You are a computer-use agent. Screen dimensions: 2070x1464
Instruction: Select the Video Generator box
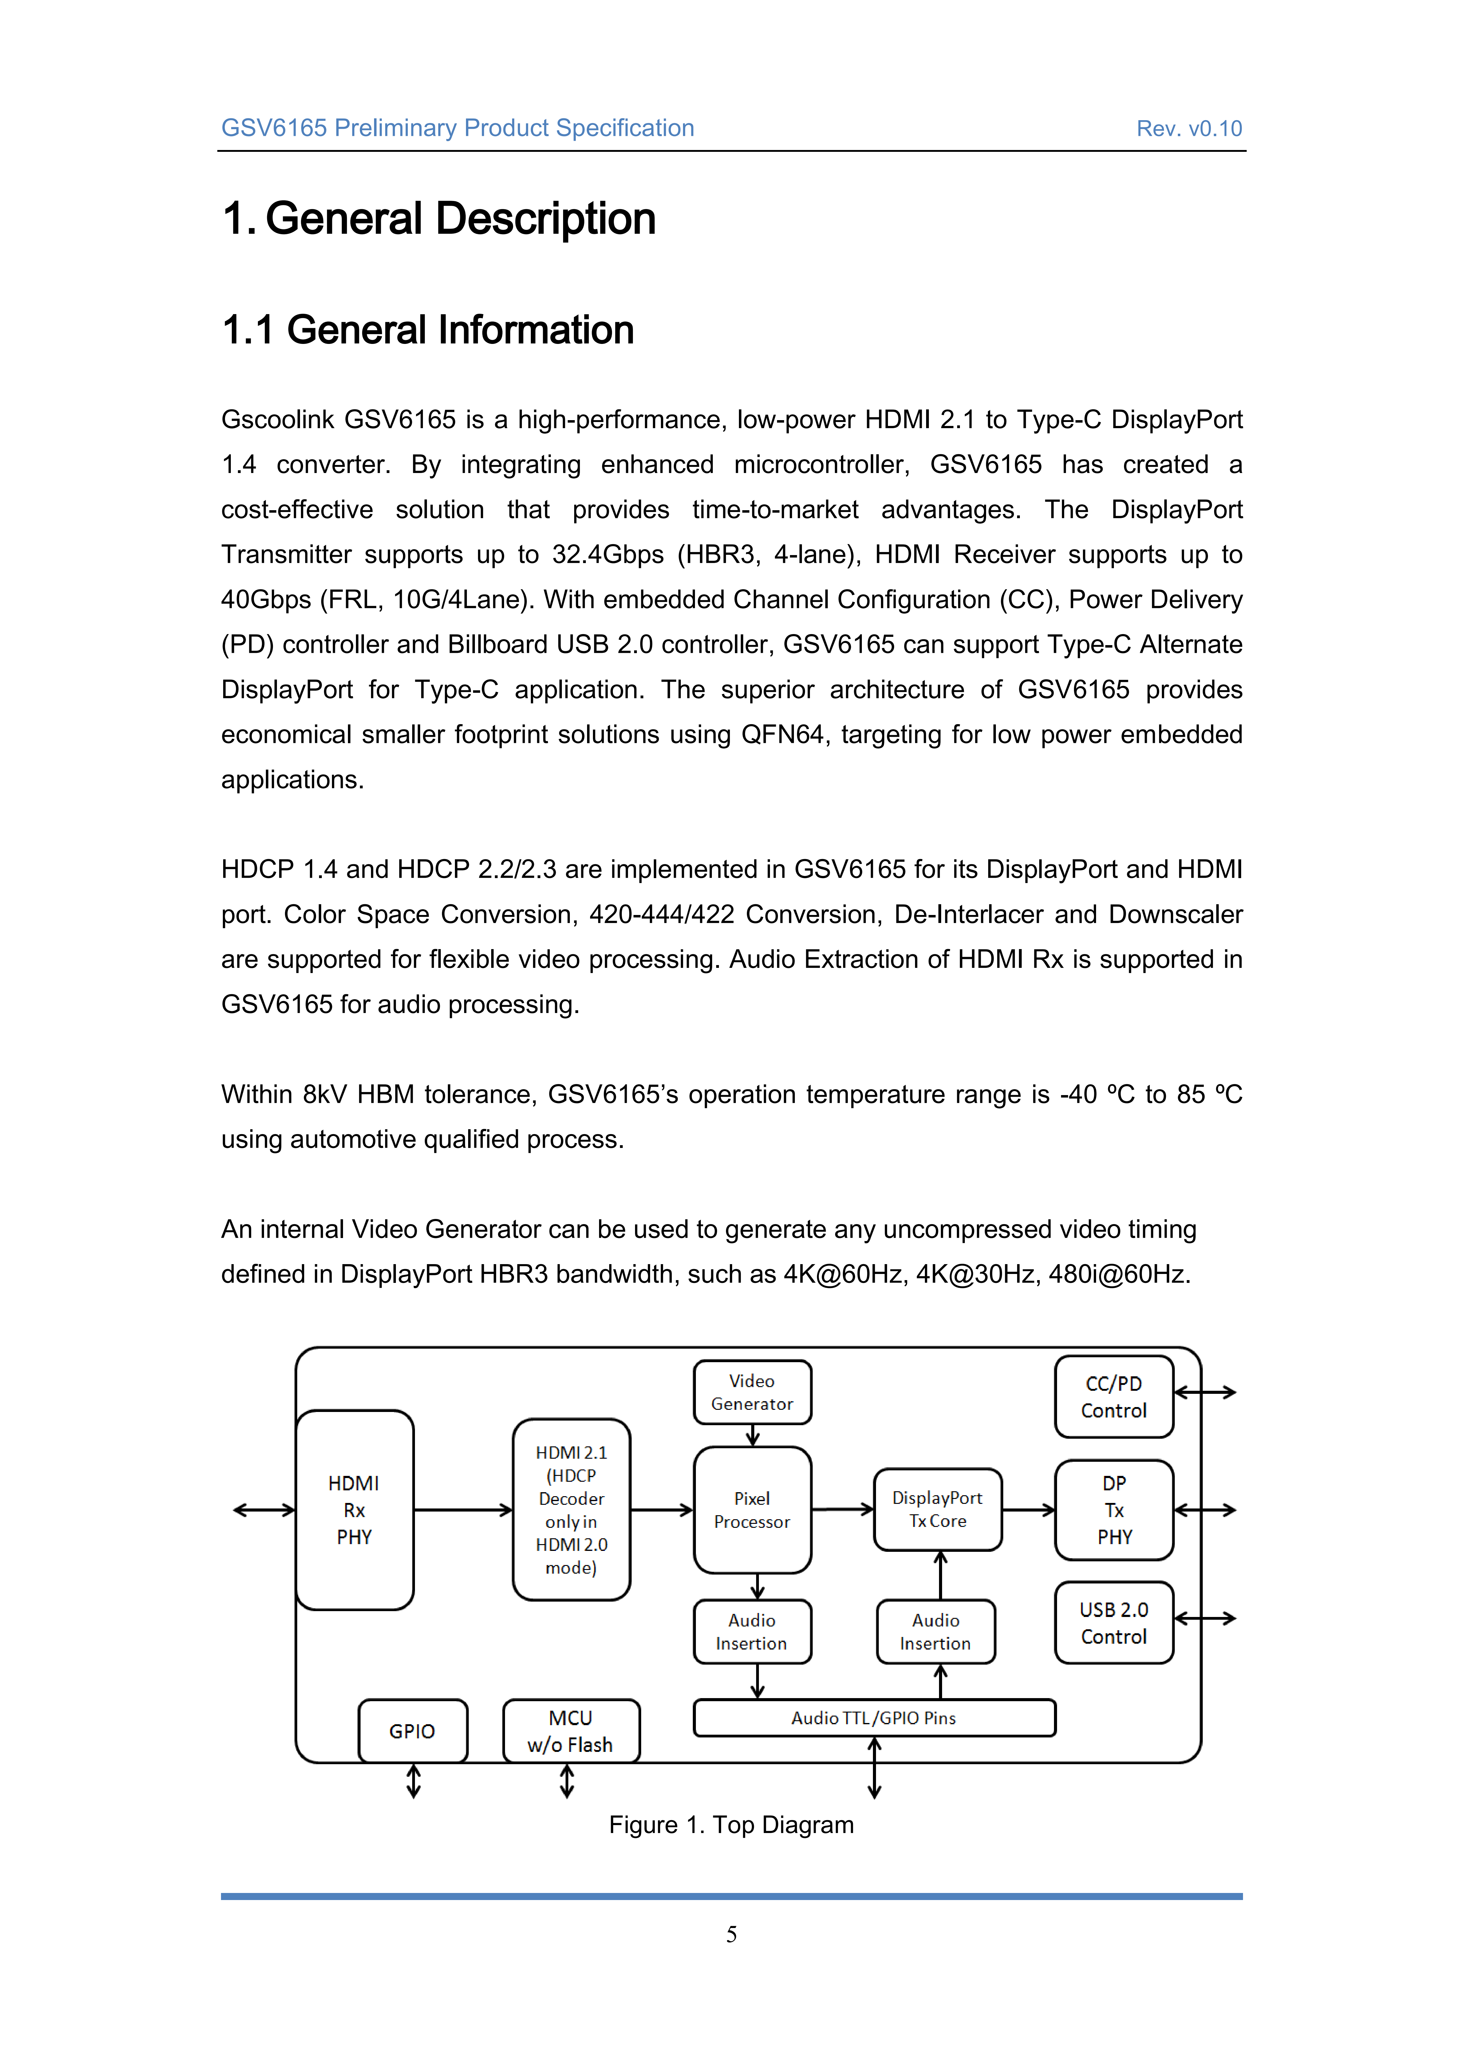pyautogui.click(x=752, y=1392)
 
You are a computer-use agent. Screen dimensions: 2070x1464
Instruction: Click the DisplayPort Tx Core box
pyautogui.click(x=937, y=1509)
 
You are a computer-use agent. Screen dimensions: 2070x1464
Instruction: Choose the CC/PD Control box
pyautogui.click(x=1114, y=1397)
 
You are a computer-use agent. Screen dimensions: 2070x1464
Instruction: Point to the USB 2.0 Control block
pyautogui.click(x=1114, y=1623)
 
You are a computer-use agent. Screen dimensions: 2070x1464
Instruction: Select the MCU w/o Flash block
pyautogui.click(x=571, y=1731)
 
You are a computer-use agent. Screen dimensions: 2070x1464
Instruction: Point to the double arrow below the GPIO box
pyautogui.click(x=414, y=1780)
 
